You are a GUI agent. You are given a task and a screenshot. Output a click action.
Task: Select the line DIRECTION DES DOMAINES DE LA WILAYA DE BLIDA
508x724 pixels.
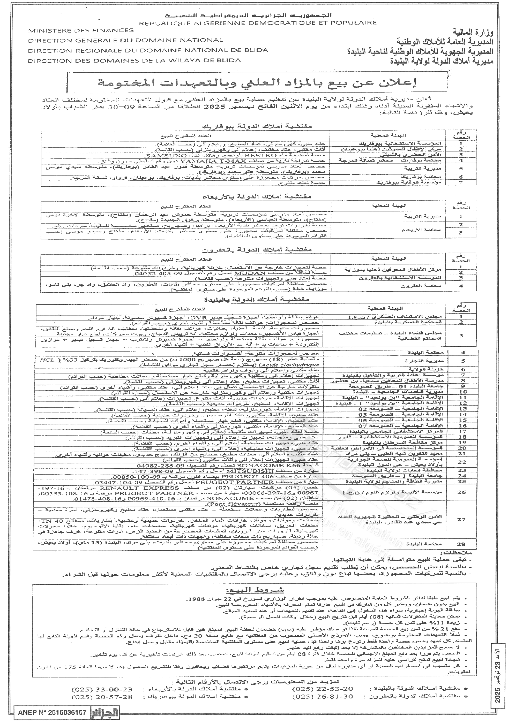[x=135, y=60]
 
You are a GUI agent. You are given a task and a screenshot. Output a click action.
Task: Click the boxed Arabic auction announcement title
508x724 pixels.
[x=257, y=82]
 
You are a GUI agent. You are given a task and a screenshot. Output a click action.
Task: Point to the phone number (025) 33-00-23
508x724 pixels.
[x=102, y=687]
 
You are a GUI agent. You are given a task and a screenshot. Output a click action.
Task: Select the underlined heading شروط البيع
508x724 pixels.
[x=255, y=590]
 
